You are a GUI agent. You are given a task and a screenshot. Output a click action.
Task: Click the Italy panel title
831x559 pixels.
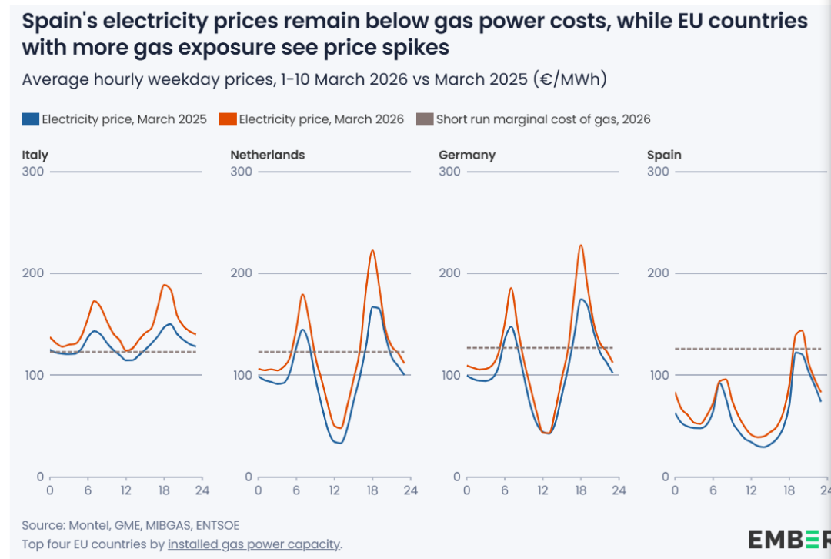click(35, 155)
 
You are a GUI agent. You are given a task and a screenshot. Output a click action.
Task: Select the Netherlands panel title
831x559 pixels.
click(267, 155)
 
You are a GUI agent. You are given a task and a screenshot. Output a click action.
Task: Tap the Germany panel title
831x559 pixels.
click(466, 155)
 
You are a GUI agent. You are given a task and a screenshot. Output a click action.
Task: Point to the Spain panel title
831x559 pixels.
click(664, 155)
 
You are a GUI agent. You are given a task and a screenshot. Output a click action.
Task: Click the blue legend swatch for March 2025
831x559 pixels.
click(31, 119)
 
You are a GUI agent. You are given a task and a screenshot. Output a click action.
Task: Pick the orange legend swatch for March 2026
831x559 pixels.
click(228, 119)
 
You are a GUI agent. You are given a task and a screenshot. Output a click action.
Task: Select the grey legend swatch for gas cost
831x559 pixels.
click(425, 119)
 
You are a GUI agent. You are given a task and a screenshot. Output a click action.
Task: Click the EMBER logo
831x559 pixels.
click(789, 538)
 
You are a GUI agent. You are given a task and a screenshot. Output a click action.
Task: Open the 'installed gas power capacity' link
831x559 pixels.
click(254, 544)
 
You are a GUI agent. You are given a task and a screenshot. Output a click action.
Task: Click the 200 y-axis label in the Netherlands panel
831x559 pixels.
click(241, 273)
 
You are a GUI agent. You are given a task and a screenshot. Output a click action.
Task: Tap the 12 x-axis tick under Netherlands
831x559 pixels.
click(334, 490)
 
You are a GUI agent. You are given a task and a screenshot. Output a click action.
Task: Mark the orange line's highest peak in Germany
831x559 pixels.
click(581, 246)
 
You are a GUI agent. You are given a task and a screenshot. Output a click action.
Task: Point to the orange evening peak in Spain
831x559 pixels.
click(802, 330)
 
